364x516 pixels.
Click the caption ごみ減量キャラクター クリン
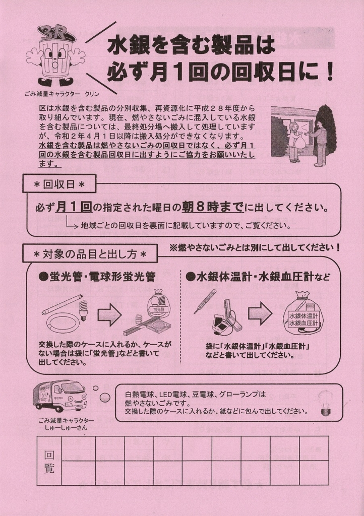click(x=62, y=94)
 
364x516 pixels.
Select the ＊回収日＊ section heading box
click(x=59, y=183)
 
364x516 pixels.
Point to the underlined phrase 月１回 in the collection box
click(x=74, y=207)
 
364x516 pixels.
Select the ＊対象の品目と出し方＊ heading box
click(x=90, y=254)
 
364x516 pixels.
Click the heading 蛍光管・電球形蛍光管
click(x=97, y=277)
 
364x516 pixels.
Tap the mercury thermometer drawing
click(x=205, y=301)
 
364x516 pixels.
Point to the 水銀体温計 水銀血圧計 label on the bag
click(x=304, y=319)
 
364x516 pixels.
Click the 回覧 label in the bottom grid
click(x=49, y=462)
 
